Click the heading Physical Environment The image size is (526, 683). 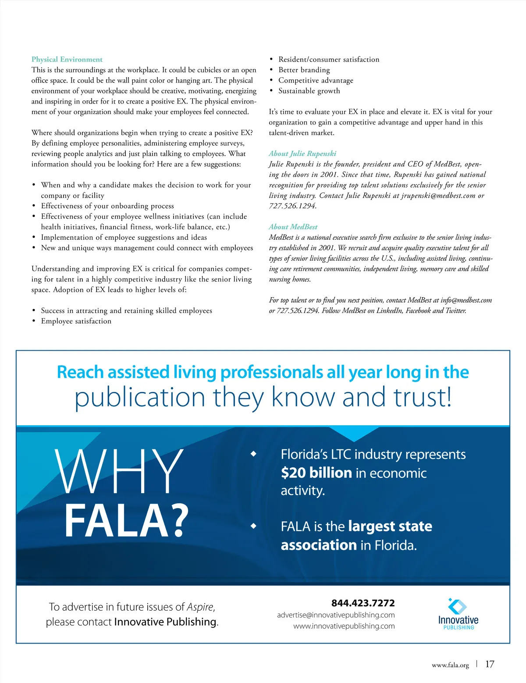point(67,59)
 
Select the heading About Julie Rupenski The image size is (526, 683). point(302,153)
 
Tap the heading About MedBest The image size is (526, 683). point(293,227)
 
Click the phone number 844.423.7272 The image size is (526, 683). point(363,603)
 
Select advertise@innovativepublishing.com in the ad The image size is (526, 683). point(336,615)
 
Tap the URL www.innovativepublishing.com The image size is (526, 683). point(344,626)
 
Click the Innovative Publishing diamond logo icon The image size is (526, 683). point(458,606)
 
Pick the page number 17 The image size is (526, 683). point(490,664)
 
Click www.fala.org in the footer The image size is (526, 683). point(450,665)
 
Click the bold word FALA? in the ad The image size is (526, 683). point(127,520)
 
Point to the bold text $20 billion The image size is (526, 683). point(316,473)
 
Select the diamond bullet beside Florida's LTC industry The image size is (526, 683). point(253,454)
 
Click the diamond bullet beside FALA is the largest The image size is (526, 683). point(253,526)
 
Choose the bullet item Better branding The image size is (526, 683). point(304,70)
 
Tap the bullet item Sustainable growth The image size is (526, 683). point(309,91)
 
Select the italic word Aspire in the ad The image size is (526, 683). point(200,607)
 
